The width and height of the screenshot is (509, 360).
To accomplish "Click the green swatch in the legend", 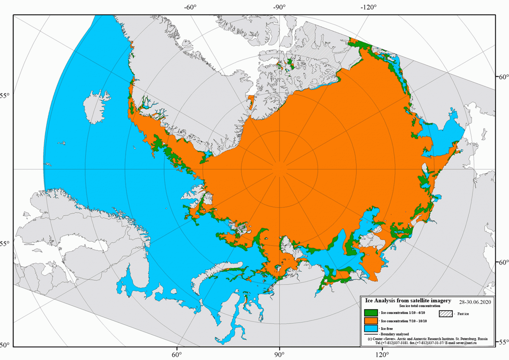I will point(371,313).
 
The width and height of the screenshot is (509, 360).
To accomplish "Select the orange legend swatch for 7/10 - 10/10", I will point(371,321).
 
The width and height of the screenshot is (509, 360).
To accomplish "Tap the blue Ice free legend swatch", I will point(371,329).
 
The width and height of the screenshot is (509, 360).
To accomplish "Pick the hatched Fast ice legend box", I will point(446,314).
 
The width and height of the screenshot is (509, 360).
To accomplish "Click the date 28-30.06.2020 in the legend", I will point(475,302).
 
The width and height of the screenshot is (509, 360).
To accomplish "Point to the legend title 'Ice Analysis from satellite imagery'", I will point(408,301).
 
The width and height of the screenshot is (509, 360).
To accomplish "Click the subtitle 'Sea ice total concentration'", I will point(420,306).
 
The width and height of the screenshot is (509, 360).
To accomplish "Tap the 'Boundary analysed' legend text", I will point(395,334).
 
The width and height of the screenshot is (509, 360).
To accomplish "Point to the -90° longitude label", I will point(279,7).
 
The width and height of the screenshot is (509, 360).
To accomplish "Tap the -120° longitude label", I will point(368,7).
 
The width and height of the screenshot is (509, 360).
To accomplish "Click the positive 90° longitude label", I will point(279,355).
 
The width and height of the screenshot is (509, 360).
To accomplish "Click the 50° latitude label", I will point(5,345).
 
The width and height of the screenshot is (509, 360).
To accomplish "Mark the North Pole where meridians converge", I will point(280,169).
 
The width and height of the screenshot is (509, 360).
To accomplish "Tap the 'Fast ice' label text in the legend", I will point(463,314).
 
